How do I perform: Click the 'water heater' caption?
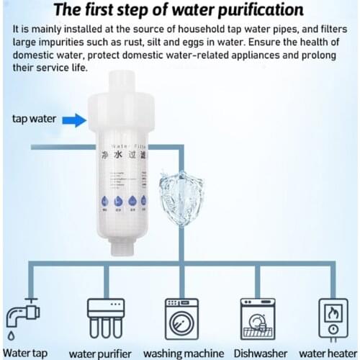(x=329, y=353)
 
